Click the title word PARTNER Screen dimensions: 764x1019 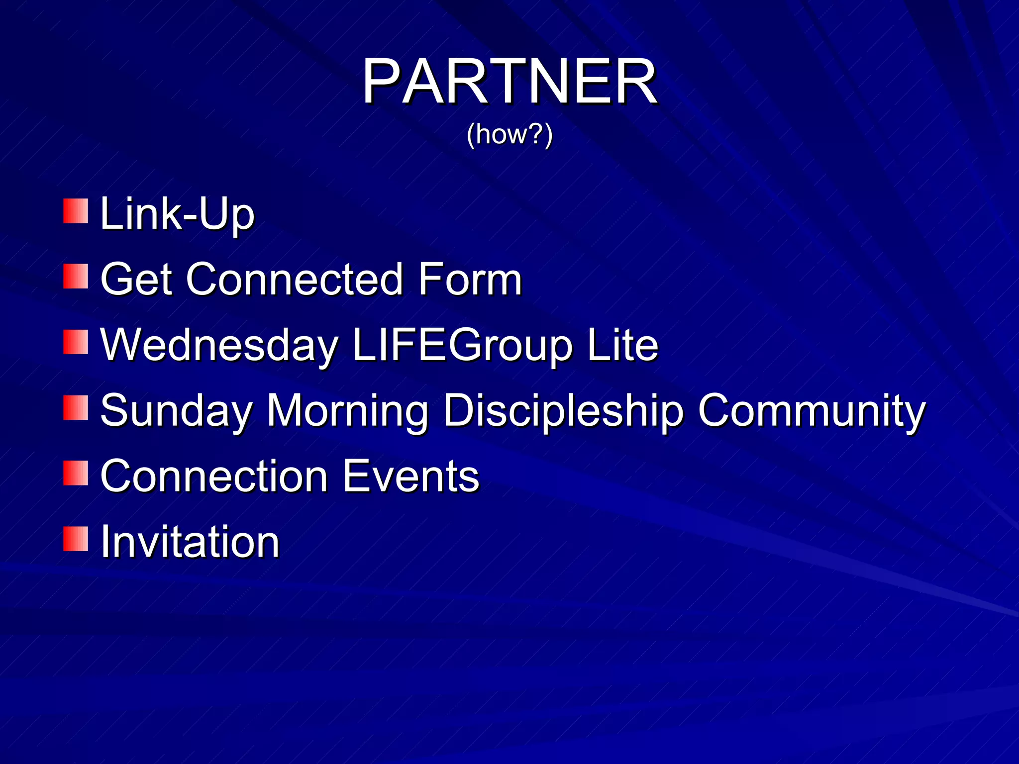point(509,82)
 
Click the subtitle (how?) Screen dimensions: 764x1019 point(509,134)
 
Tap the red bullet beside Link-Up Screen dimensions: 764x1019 point(76,211)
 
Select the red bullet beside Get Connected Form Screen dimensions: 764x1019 point(76,277)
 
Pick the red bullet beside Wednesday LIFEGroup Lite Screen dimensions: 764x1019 point(76,342)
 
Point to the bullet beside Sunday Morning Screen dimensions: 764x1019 point(76,408)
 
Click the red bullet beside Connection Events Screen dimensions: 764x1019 point(76,473)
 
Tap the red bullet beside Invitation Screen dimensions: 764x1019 point(76,539)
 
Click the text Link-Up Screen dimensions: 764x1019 point(177,215)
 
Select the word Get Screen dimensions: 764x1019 point(136,280)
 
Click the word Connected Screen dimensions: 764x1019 point(294,280)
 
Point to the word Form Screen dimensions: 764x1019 point(470,280)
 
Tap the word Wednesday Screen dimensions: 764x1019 point(219,346)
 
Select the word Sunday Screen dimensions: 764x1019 point(176,412)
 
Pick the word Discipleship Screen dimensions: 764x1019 point(563,412)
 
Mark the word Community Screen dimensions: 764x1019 point(812,412)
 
